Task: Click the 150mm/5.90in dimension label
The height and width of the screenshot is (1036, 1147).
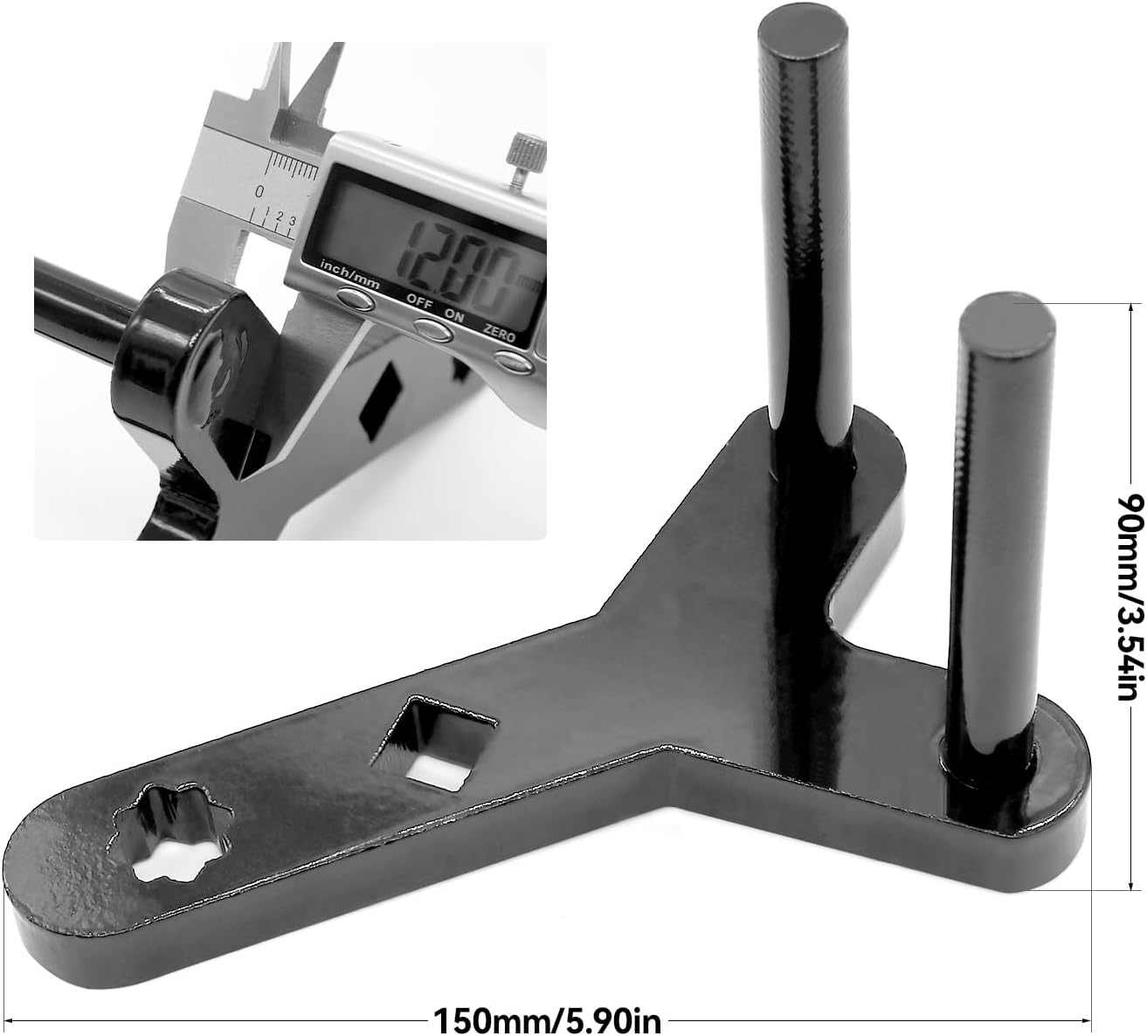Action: [547, 1019]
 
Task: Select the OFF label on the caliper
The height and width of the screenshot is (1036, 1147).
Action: [419, 300]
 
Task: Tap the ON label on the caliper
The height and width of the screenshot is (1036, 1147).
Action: [454, 315]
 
